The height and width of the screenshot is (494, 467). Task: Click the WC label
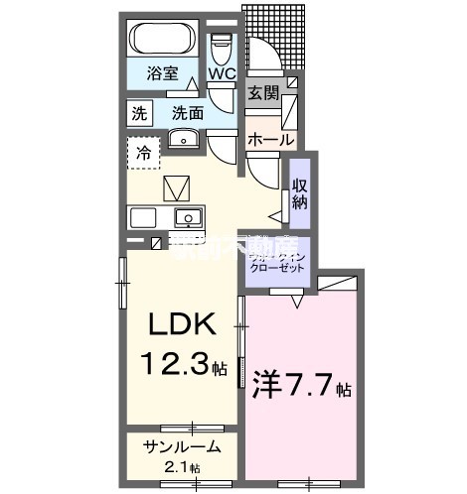[x=222, y=72]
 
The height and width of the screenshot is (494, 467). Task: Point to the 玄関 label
[x=264, y=94]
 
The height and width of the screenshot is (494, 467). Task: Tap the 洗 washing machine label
[x=139, y=113]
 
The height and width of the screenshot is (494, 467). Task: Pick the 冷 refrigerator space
[x=144, y=154]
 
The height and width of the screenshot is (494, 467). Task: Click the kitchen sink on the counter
[x=187, y=217]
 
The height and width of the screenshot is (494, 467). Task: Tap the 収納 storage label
[x=300, y=194]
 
